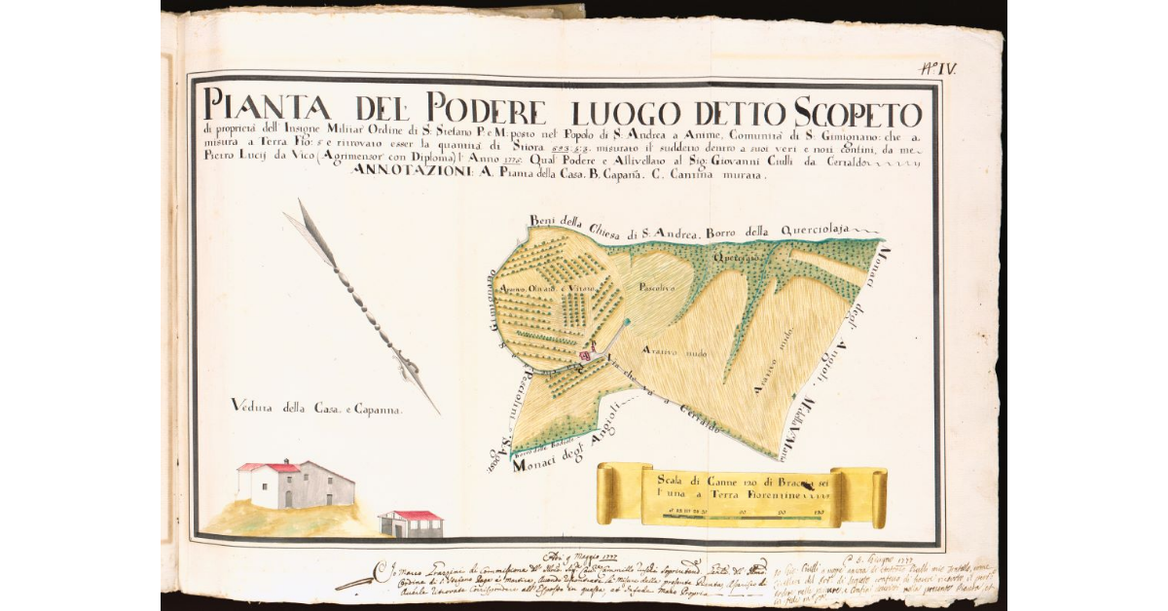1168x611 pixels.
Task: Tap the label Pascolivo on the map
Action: click(657, 289)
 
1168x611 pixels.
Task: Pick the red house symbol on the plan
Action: click(585, 357)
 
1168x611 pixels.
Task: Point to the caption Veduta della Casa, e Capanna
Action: click(317, 410)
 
